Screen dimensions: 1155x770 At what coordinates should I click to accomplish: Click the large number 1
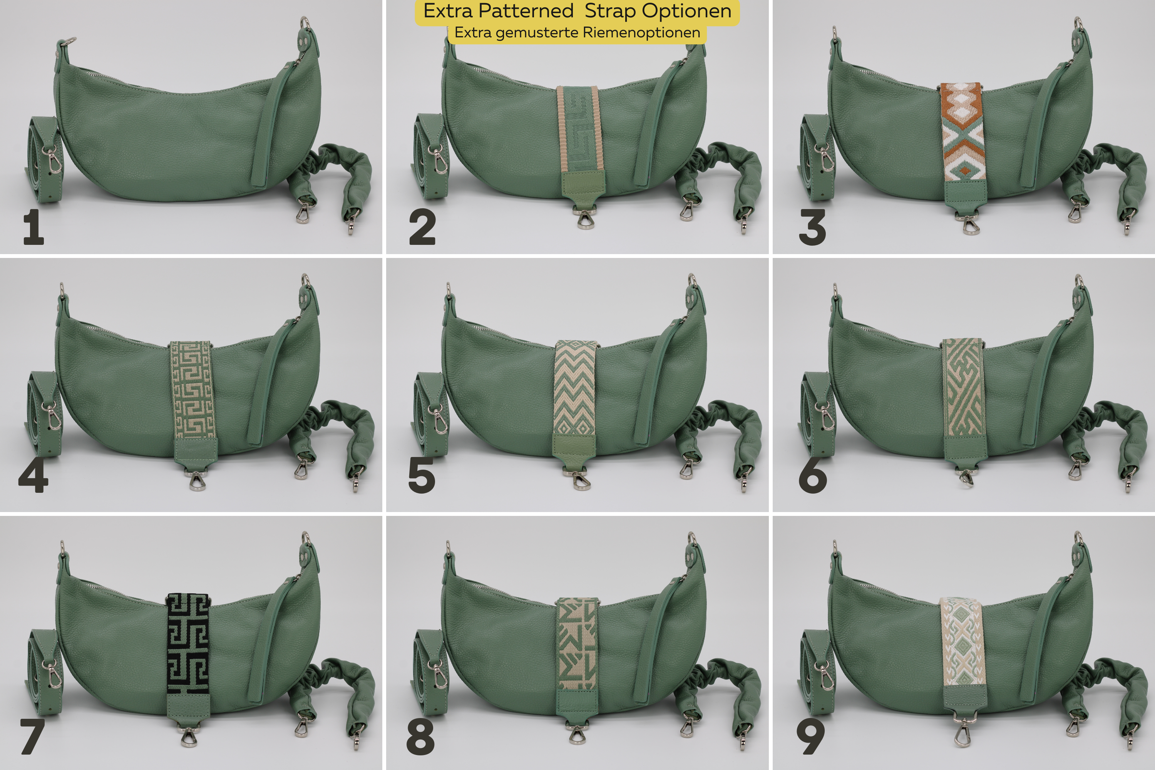(x=34, y=227)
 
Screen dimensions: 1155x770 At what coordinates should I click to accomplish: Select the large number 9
(x=811, y=736)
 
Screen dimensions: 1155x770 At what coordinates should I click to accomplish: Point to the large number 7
(x=32, y=736)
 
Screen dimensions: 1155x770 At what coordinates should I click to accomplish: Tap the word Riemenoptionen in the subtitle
(x=641, y=32)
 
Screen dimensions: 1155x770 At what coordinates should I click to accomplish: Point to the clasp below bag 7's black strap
(x=189, y=735)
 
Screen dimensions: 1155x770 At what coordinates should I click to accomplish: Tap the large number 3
(x=813, y=227)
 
